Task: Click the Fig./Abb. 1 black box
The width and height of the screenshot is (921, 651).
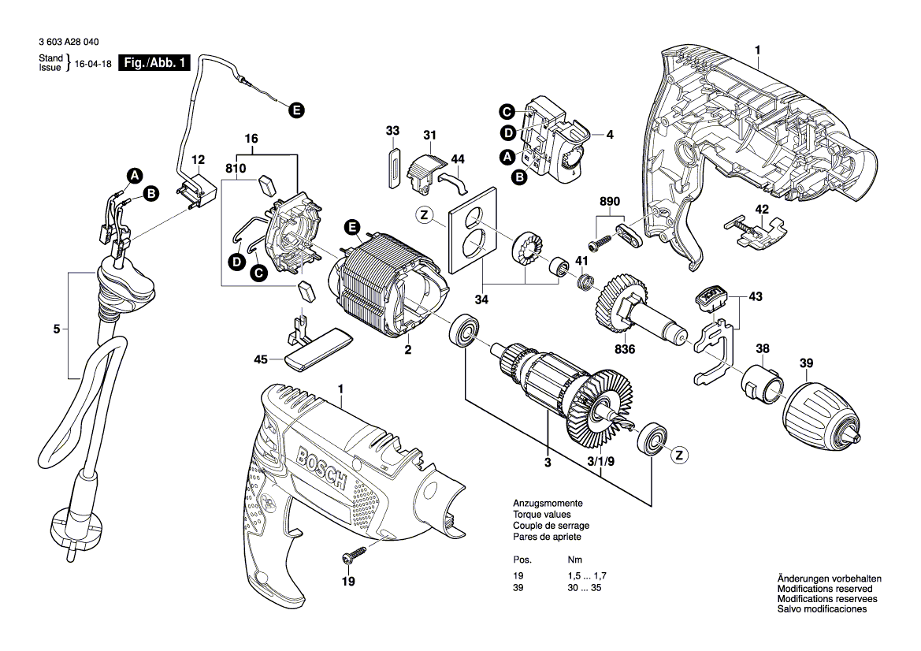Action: (154, 64)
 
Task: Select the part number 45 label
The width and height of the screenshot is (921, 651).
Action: (260, 359)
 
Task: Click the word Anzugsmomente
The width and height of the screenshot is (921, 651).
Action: (548, 503)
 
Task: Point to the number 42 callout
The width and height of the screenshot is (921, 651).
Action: (762, 210)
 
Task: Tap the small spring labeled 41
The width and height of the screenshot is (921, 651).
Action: (585, 281)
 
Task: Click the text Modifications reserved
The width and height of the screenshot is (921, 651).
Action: (824, 589)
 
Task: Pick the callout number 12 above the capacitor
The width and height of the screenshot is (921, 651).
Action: (198, 159)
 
